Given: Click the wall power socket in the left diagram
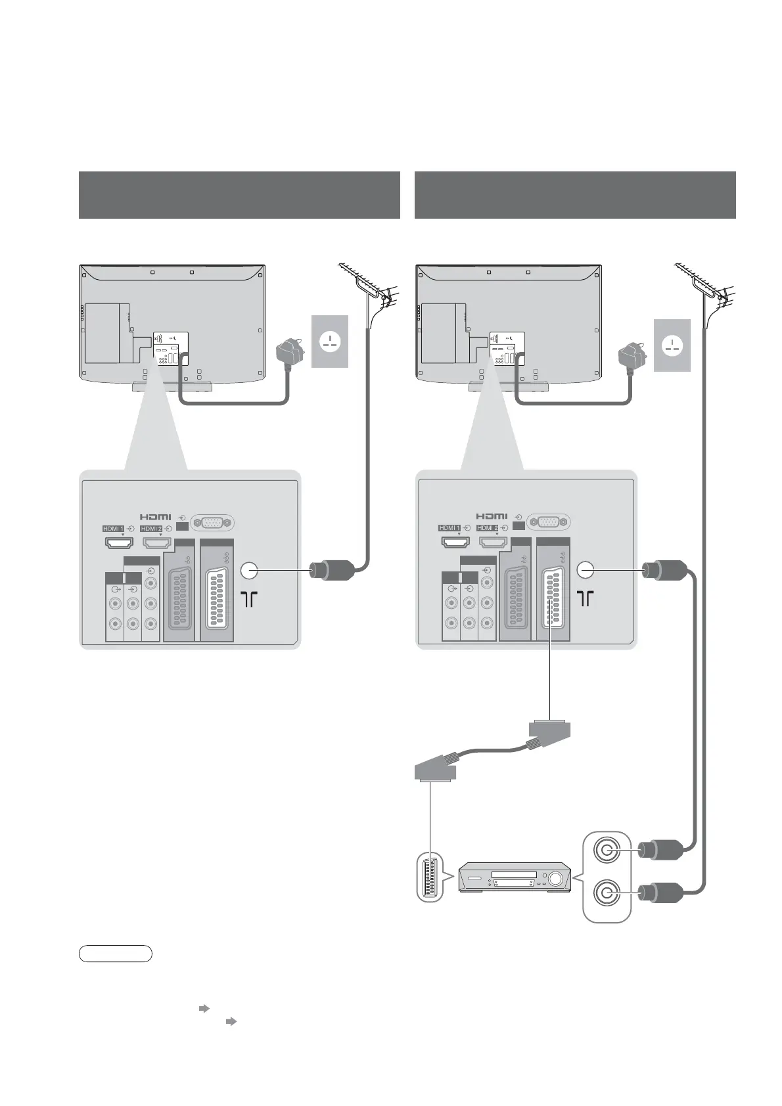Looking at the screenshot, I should [329, 342].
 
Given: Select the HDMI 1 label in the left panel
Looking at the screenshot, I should [113, 528].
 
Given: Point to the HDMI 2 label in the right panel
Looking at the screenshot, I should [488, 527].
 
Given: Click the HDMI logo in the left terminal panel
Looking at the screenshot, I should [155, 517].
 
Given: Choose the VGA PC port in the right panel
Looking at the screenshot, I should [549, 523].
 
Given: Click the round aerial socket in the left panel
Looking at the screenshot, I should [249, 571].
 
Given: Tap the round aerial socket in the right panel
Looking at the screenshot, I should [586, 571].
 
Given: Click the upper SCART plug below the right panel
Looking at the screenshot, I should [549, 730].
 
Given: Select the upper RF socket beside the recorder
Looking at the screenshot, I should [605, 851].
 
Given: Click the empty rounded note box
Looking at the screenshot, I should [115, 953].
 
